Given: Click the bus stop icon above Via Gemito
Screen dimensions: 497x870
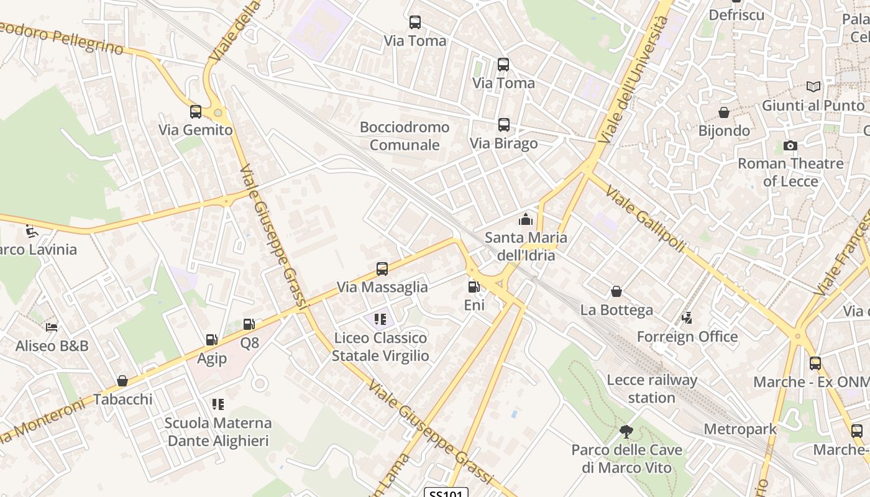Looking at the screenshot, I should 196,112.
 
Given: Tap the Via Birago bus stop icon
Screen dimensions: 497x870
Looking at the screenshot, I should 503,125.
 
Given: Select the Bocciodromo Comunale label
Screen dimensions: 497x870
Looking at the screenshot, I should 405,136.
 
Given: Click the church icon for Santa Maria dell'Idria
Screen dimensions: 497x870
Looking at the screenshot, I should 526,219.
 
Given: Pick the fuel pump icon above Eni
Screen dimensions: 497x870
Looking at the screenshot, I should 474,287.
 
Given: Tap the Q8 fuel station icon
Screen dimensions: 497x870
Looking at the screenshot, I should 249,324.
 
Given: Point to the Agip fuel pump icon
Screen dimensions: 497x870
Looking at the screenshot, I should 211,340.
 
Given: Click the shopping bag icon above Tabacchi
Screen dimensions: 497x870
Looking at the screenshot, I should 122,381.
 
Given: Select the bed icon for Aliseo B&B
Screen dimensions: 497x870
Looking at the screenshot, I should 52,327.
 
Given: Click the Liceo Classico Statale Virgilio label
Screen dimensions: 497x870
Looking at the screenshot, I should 380,347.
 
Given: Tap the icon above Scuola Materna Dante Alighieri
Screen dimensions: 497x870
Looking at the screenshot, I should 217,404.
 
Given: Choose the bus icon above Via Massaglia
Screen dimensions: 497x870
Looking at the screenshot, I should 382,269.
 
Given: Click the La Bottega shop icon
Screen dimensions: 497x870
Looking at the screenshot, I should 616,291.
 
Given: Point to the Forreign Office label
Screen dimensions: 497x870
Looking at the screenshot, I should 687,337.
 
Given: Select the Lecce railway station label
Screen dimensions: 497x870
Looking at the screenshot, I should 652,388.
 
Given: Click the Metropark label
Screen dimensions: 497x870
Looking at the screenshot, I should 740,429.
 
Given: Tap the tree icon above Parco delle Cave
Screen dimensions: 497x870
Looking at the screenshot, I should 626,431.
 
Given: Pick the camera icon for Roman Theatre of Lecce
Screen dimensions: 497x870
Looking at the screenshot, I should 790,146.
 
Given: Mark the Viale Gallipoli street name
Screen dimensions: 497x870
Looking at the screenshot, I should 645,220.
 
